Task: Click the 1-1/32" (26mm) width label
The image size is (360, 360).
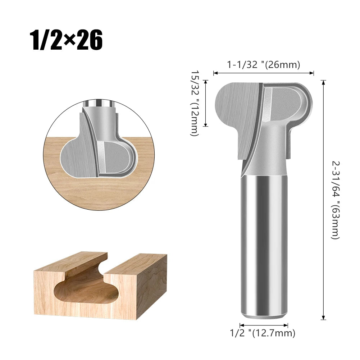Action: click(264, 65)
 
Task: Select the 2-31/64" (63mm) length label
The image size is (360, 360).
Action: click(335, 200)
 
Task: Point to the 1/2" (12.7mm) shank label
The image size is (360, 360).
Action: click(263, 333)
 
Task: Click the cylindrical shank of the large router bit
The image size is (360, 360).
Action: click(264, 245)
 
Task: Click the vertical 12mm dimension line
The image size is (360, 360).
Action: click(206, 103)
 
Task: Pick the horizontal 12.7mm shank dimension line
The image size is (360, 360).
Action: click(264, 325)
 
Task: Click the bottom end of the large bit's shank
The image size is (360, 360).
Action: click(264, 316)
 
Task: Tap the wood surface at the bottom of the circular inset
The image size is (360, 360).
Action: click(97, 194)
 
